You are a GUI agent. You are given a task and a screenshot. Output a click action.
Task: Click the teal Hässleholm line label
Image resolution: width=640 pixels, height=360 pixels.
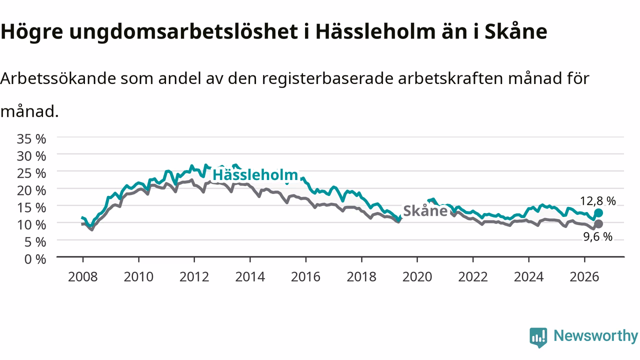(255, 175)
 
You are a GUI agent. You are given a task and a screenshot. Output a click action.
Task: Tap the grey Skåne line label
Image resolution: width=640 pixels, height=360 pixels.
(425, 211)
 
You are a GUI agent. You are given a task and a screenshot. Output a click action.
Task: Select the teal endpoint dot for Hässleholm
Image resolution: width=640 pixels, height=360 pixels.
(598, 213)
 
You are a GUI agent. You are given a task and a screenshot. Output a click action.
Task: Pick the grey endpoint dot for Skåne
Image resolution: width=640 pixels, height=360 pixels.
(598, 224)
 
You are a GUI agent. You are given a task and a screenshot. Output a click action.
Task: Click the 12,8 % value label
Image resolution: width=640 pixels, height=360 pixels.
(597, 201)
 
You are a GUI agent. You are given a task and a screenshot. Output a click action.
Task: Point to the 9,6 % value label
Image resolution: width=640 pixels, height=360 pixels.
(597, 236)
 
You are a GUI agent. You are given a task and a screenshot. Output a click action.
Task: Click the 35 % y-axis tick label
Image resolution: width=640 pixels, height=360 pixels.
(31, 139)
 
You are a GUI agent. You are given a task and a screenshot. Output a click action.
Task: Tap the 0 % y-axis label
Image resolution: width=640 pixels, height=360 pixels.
(35, 259)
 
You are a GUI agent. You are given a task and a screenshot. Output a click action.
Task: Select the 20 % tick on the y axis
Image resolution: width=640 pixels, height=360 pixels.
(31, 190)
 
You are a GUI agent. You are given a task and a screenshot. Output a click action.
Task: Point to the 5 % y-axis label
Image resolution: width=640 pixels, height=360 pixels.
(35, 242)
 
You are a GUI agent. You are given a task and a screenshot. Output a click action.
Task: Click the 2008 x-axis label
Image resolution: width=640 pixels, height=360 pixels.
(83, 277)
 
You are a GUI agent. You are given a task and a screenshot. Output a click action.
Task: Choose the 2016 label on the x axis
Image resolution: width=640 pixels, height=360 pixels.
(305, 277)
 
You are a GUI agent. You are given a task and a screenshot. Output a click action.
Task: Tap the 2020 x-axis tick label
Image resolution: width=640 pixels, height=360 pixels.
(417, 277)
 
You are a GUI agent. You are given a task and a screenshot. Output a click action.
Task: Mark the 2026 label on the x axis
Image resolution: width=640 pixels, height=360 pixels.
(584, 277)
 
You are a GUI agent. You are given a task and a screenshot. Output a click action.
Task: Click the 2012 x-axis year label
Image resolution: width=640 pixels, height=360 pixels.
(194, 277)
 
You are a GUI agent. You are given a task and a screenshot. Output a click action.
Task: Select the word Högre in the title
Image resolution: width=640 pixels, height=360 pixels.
(31, 32)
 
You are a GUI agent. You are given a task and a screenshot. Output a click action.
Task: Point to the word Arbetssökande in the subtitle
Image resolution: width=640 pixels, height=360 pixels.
(58, 78)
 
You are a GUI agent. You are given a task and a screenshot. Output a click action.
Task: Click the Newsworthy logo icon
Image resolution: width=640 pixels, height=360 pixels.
(538, 337)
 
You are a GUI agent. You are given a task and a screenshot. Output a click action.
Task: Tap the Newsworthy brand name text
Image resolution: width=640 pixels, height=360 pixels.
(596, 336)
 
